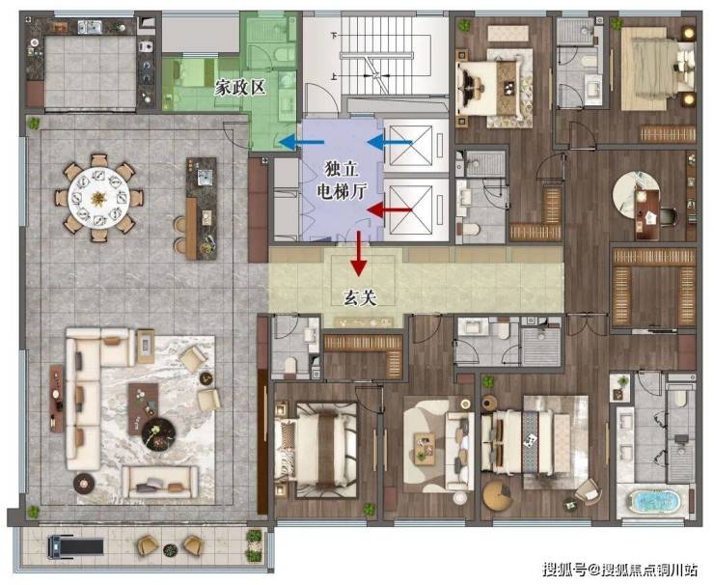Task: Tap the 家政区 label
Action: click(x=240, y=88)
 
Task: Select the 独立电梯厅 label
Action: click(x=342, y=181)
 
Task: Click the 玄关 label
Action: click(x=359, y=298)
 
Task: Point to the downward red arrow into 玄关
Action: click(x=359, y=254)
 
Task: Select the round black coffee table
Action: click(x=158, y=433)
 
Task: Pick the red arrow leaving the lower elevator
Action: click(x=390, y=210)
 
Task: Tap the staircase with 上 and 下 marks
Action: click(x=385, y=55)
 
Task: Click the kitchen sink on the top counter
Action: click(x=89, y=27)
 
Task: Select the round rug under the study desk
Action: click(x=636, y=195)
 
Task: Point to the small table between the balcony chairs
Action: click(x=171, y=549)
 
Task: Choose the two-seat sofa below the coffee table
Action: click(x=160, y=483)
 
